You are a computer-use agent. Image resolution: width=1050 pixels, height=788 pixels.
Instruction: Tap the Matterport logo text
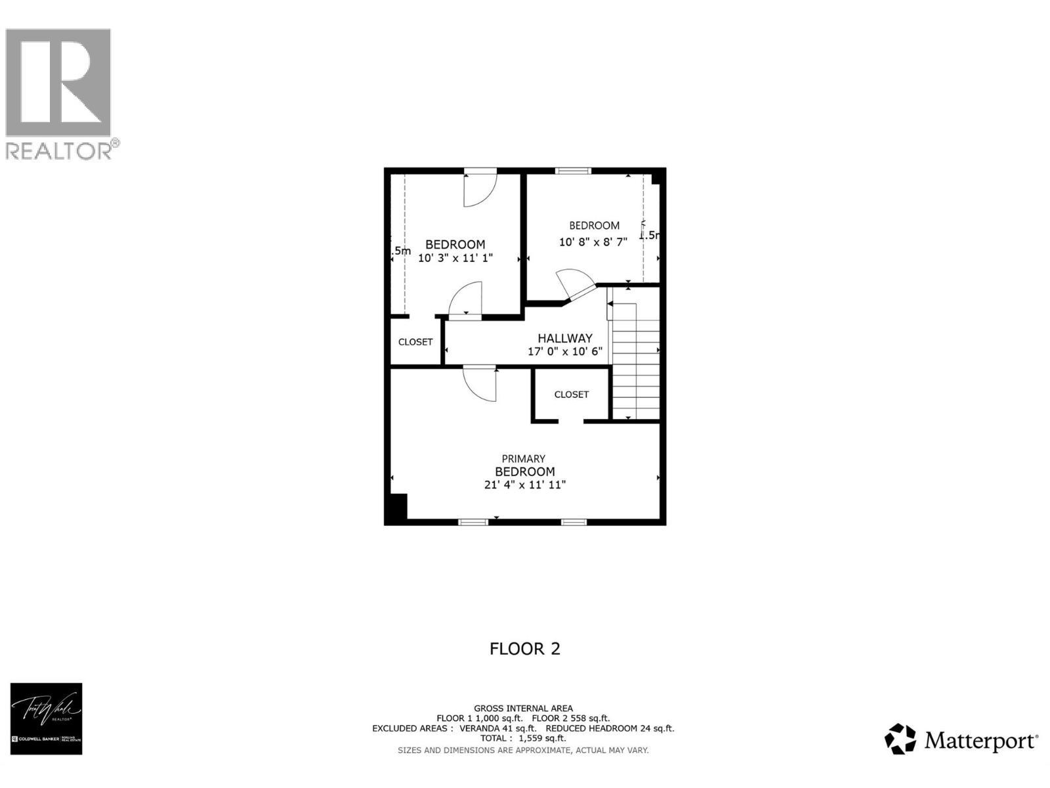pos(980,741)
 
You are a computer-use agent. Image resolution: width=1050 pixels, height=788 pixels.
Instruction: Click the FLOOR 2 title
pos(525,649)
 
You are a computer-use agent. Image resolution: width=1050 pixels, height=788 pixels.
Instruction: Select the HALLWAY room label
pos(565,338)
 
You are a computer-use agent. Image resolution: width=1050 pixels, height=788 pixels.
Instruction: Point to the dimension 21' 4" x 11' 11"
pos(525,485)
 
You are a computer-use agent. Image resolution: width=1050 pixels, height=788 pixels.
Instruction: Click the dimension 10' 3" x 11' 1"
pos(455,259)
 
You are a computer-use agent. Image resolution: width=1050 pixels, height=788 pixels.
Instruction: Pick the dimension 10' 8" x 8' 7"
pos(593,242)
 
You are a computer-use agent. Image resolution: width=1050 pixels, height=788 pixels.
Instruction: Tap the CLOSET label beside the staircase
pos(571,395)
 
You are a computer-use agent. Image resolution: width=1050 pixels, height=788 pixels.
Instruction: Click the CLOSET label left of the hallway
pos(415,342)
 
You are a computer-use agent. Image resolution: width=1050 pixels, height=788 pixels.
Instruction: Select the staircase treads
pos(635,368)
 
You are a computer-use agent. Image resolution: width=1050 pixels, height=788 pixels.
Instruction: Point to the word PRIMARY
pos(524,459)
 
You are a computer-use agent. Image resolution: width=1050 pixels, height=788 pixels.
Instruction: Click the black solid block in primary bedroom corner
pos(396,508)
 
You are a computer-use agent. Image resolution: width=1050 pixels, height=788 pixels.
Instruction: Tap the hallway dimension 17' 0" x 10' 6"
pos(565,352)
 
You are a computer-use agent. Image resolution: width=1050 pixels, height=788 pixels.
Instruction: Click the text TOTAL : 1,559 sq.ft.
pos(523,738)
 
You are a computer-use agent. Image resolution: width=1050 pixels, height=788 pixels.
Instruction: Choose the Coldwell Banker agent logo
pos(46,718)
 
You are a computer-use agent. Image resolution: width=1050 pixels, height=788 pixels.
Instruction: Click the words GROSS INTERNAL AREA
pos(523,708)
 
